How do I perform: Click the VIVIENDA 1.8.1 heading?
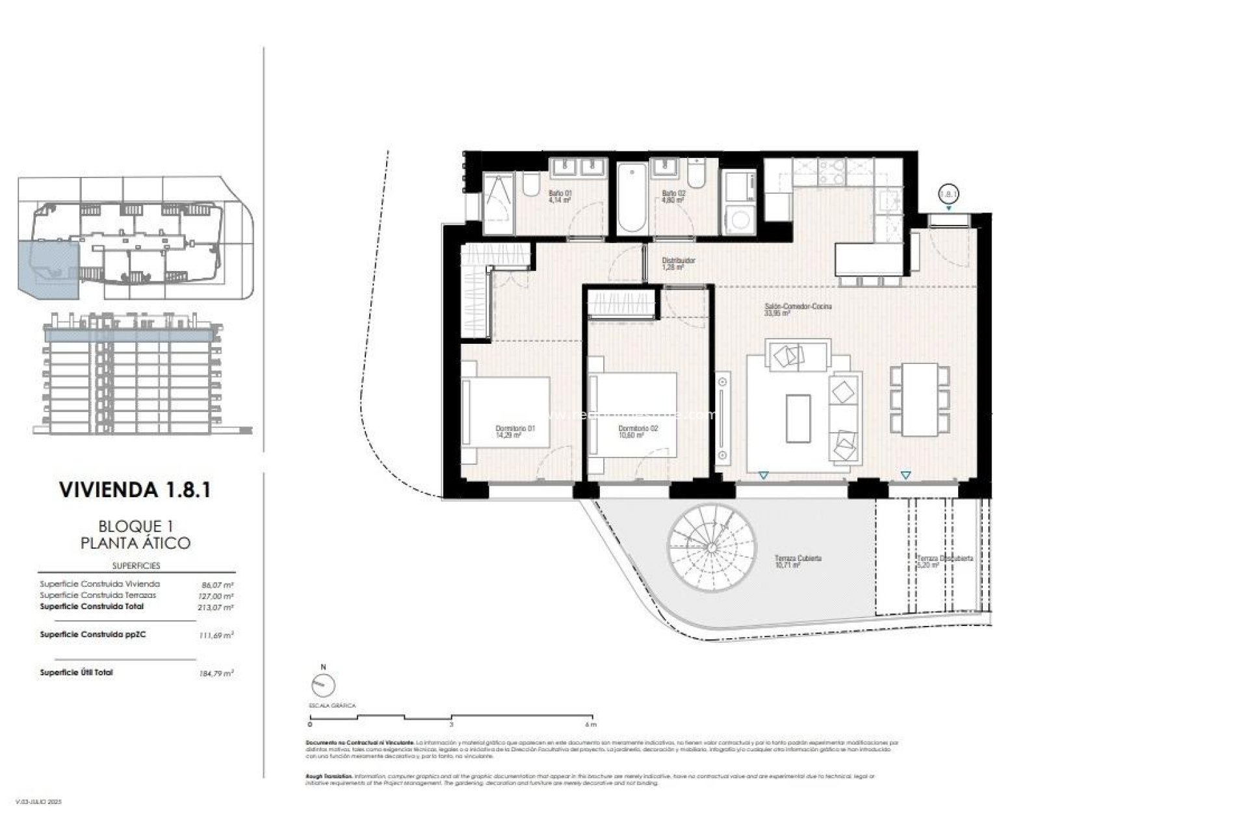[135, 489]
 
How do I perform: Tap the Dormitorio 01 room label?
[515, 432]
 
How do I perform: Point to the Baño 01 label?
[560, 196]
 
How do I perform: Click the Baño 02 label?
[673, 196]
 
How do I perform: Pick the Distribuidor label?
[678, 263]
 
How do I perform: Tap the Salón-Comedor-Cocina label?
[798, 309]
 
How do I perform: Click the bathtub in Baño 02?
[630, 200]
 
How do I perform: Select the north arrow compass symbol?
[323, 685]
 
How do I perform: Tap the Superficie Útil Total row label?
[76, 673]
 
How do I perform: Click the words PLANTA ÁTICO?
[135, 543]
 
